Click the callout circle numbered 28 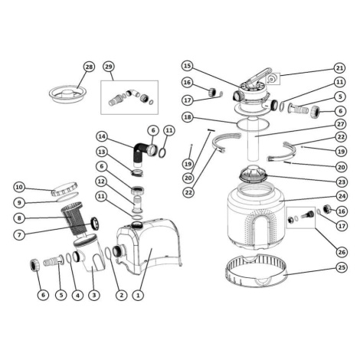89,67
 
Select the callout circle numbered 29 109,67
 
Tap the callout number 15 188,66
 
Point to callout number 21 340,68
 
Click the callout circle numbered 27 341,124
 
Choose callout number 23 342,182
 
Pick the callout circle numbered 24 342,196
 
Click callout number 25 342,267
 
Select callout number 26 342,252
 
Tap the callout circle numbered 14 102,136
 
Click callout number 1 138,295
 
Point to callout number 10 19,188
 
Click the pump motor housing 149,245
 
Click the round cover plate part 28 68,94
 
